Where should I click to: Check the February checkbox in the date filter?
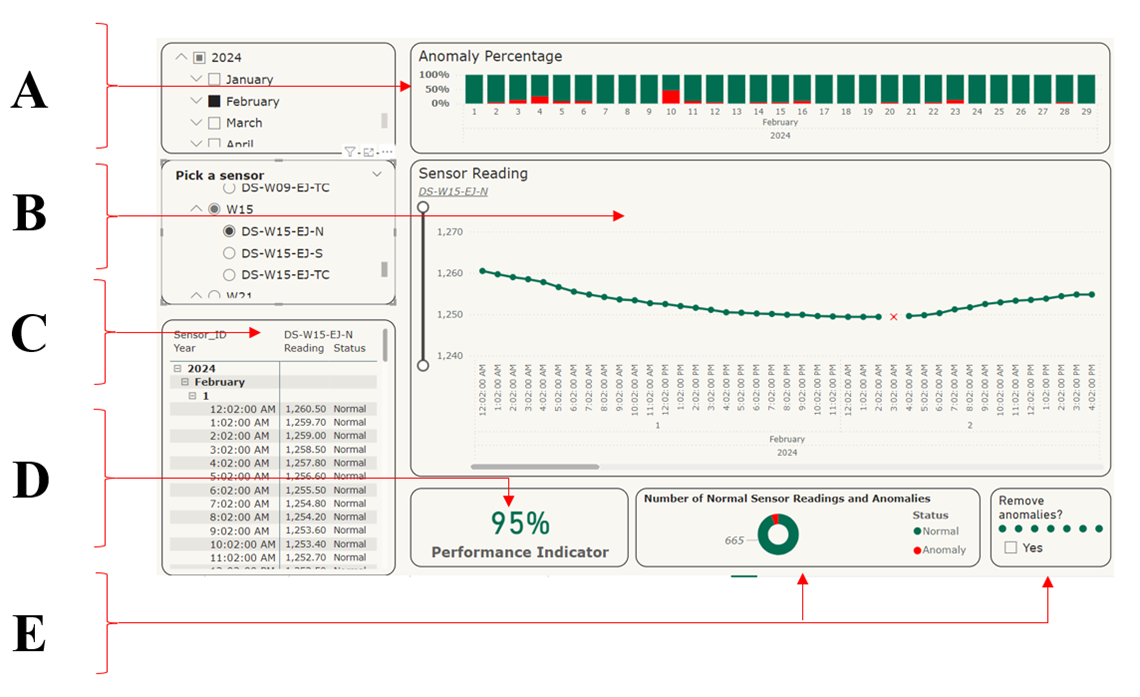(214, 101)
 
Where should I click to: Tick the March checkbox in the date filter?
(214, 123)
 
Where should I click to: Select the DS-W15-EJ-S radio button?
(229, 253)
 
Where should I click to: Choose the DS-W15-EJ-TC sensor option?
(229, 274)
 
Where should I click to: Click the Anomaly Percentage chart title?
(490, 57)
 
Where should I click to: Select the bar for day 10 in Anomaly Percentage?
(671, 89)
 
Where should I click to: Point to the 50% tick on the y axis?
(435, 89)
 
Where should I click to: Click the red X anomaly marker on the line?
(893, 317)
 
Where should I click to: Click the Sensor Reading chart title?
(473, 173)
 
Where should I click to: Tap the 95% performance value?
(519, 523)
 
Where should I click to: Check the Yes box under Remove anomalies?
(1010, 548)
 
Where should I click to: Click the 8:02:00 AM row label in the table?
(240, 517)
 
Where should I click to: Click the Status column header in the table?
(349, 348)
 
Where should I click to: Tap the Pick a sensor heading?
(220, 175)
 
